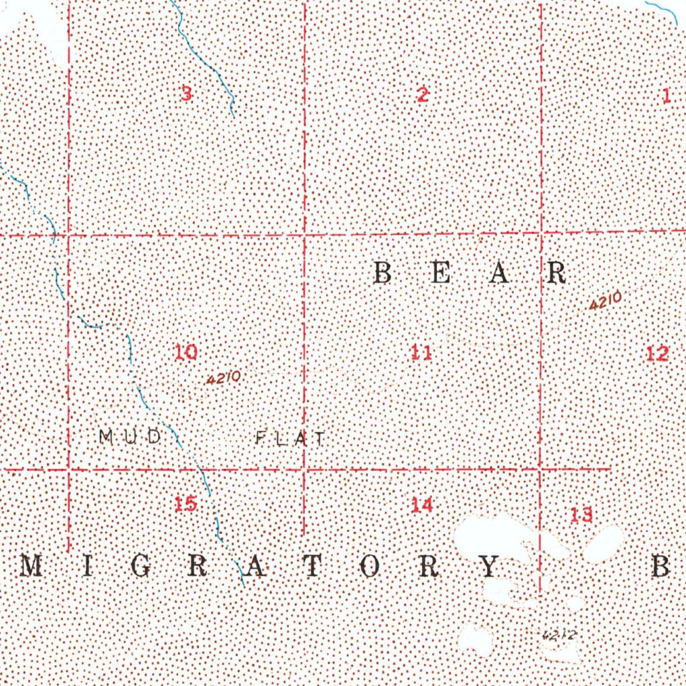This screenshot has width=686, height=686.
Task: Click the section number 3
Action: [186, 94]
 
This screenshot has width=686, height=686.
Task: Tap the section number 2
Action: [422, 95]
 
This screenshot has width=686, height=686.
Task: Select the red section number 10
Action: [186, 352]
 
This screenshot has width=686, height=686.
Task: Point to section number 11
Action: [421, 352]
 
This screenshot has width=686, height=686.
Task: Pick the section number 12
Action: [658, 353]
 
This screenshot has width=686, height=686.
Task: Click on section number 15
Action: [186, 504]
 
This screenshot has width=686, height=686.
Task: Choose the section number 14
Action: [422, 505]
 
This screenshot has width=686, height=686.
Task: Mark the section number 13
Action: [581, 515]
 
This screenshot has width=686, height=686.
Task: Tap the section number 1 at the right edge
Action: [667, 96]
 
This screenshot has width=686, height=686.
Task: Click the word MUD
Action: [130, 437]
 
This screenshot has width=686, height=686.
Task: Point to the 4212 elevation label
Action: [558, 633]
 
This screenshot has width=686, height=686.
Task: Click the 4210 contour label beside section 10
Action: [224, 379]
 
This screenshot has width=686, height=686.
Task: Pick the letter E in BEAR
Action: [440, 273]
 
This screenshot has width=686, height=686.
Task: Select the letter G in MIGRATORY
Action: [141, 567]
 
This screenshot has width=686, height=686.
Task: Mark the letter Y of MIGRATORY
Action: [489, 567]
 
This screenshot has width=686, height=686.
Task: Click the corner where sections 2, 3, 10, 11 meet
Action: [305, 235]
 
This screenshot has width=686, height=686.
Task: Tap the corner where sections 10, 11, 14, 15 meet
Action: [305, 468]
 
